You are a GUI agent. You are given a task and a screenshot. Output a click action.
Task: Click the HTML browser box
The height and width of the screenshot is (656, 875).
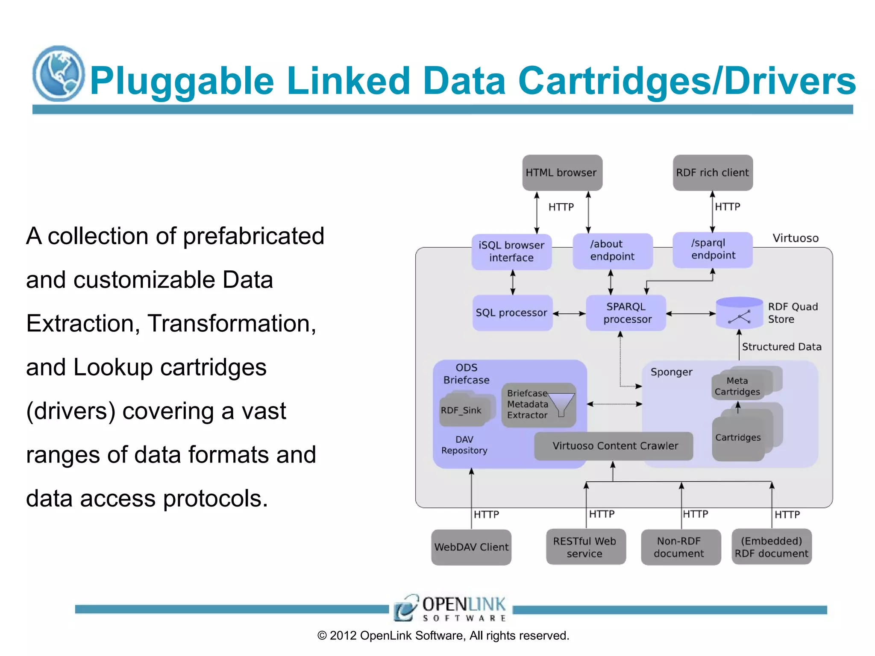562,173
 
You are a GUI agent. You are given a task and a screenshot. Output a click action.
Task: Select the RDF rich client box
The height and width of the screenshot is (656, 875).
712,173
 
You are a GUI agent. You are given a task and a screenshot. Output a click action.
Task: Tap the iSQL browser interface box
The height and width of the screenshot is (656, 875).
511,252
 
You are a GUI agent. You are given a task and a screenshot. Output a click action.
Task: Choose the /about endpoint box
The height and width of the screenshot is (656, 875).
612,251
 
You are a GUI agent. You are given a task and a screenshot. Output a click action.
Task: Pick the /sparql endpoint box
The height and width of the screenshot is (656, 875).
712,249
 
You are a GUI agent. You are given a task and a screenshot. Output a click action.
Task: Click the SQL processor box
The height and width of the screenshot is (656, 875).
512,313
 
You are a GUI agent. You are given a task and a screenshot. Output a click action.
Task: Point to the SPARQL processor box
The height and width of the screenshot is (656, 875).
626,313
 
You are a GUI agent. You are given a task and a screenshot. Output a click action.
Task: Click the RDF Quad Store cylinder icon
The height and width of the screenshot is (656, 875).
739,313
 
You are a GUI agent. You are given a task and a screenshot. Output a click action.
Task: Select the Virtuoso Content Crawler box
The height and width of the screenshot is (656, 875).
614,446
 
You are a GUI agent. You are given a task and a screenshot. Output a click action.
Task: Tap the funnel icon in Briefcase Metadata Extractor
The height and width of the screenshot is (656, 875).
561,404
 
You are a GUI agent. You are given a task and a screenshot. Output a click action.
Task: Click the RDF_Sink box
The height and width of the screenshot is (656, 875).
461,410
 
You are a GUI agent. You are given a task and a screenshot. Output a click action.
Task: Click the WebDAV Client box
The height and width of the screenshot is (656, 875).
471,547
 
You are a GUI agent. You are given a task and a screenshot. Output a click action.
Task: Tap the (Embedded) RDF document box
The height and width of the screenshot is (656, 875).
771,547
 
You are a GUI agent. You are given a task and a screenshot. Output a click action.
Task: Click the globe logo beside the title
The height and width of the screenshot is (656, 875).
59,74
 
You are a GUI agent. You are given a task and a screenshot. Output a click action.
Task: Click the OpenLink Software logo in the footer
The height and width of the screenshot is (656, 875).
450,608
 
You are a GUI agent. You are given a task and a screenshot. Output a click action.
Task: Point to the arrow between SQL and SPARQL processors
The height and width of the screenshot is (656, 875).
569,313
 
